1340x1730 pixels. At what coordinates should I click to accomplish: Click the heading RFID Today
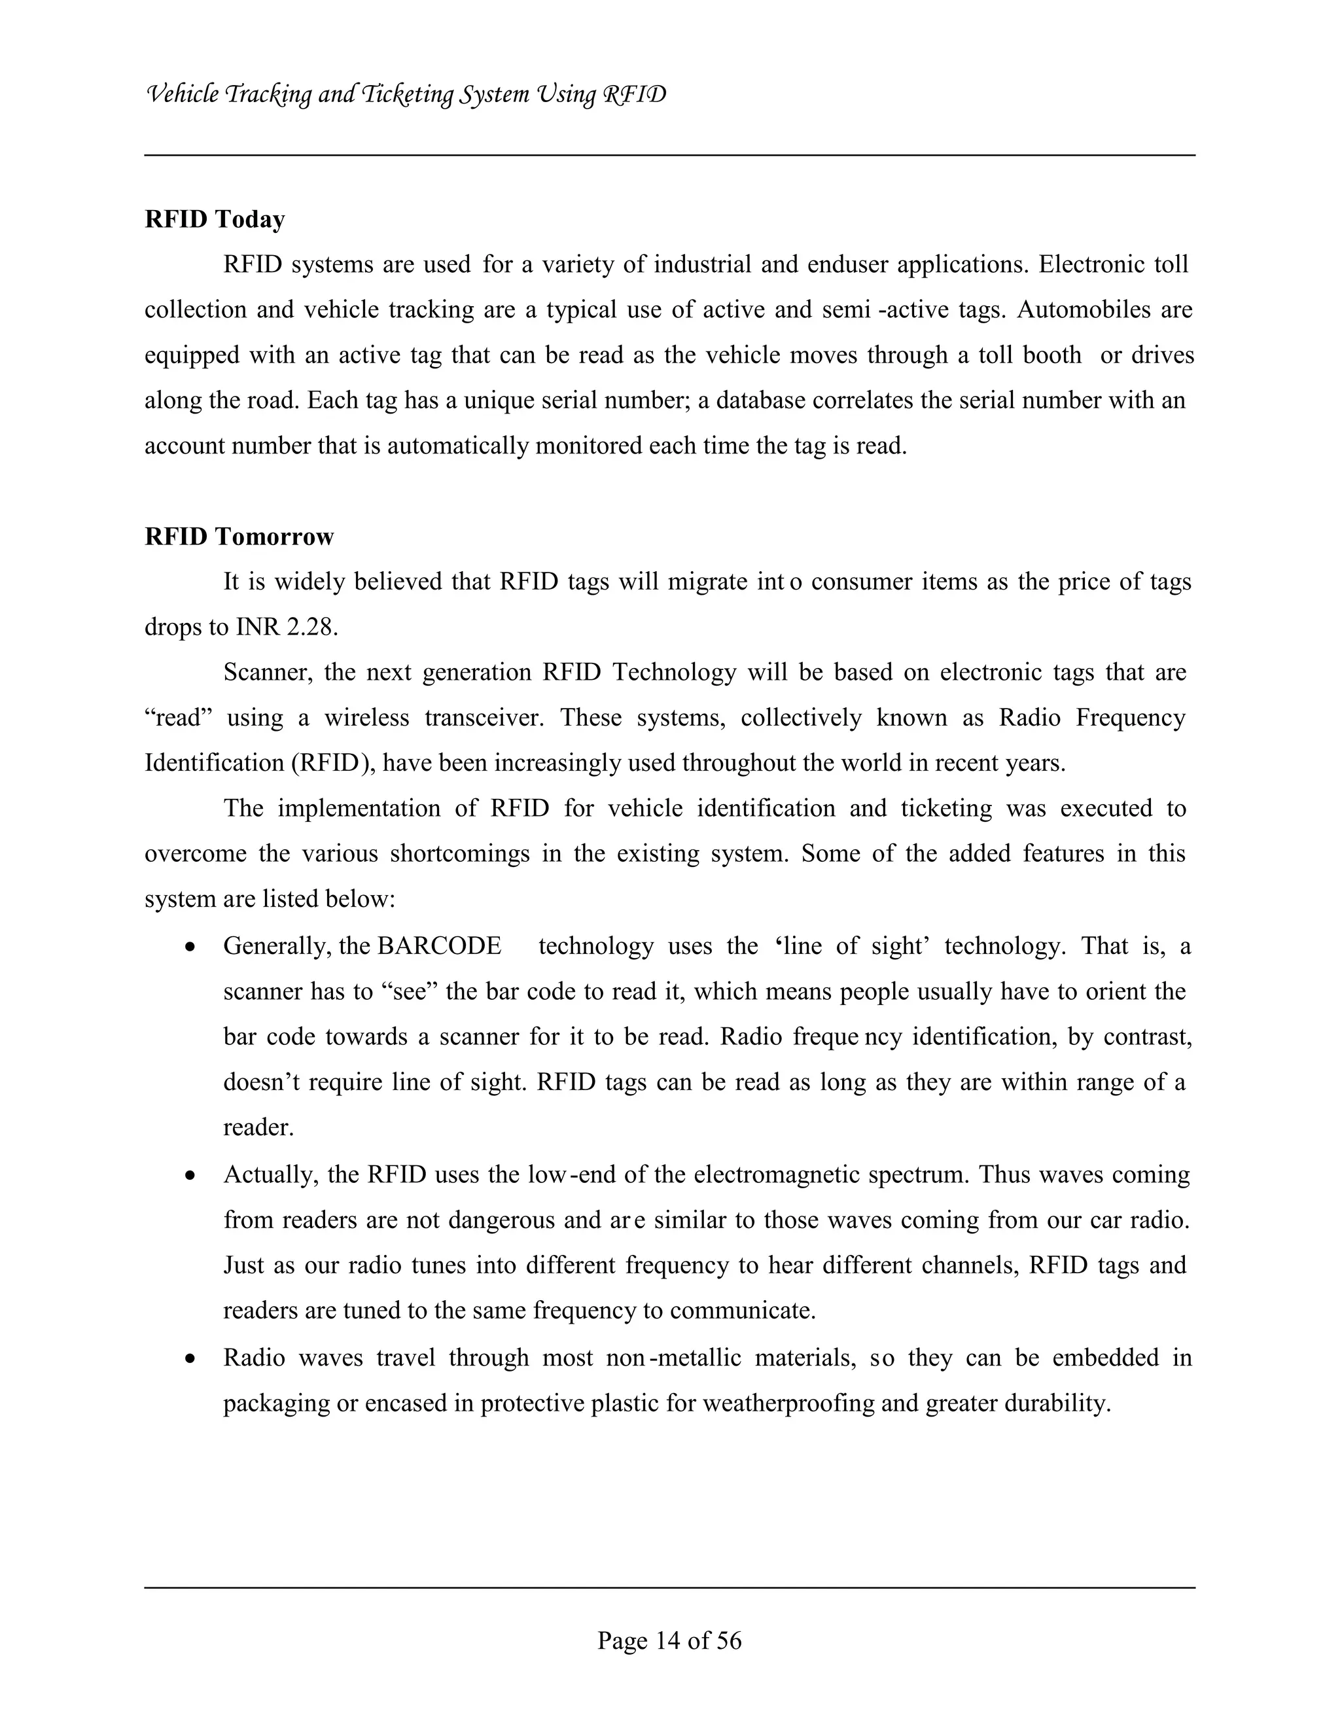(215, 219)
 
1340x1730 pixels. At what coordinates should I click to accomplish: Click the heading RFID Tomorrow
(239, 537)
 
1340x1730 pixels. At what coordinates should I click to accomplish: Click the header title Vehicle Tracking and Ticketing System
(406, 95)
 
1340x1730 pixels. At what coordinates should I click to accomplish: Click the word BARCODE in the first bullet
(440, 945)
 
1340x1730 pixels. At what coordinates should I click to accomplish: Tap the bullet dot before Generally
(189, 947)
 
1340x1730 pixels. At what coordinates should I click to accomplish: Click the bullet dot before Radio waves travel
(189, 1359)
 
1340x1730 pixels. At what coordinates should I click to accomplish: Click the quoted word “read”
(179, 718)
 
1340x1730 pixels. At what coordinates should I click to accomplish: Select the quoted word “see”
(415, 992)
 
